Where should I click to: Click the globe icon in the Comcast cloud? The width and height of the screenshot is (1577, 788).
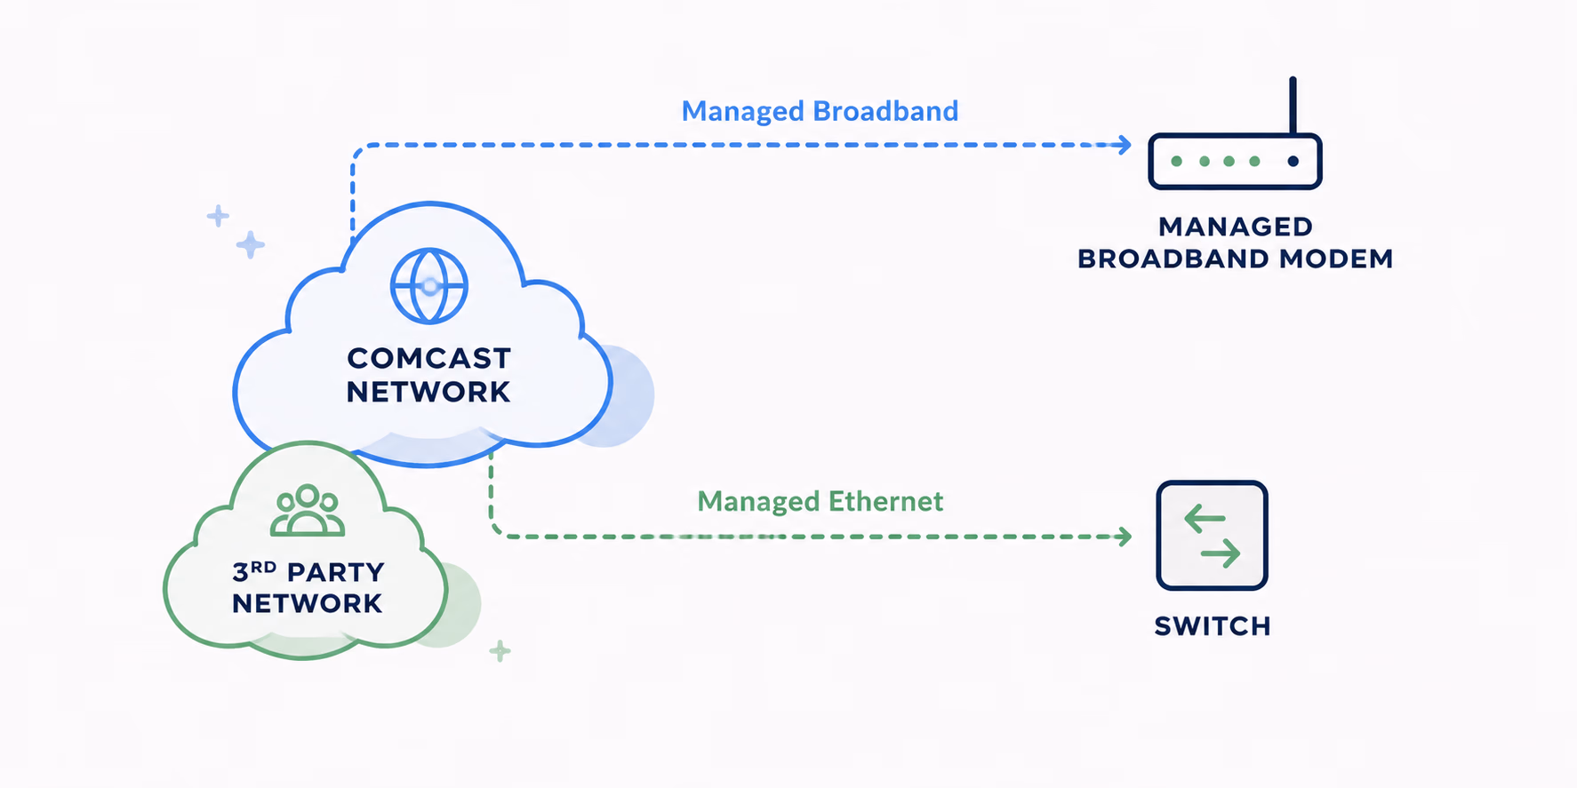(429, 286)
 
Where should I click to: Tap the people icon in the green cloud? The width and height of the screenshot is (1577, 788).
(308, 510)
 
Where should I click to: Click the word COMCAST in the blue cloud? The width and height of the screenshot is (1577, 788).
(429, 358)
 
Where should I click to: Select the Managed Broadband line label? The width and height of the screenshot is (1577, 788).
(820, 111)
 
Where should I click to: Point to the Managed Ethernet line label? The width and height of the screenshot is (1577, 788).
(820, 502)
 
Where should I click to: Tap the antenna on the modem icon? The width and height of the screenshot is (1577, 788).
(1293, 106)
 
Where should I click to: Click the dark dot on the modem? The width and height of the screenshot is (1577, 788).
(1293, 161)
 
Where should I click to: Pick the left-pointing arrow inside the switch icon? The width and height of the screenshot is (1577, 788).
(1205, 518)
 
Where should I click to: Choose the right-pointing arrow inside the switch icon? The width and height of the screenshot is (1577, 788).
(1221, 554)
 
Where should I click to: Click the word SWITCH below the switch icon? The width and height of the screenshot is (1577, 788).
(1213, 626)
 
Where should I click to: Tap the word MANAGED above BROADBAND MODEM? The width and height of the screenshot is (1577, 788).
(1236, 227)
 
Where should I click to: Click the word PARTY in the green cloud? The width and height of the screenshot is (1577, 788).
(336, 572)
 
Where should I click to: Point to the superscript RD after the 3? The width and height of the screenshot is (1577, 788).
(264, 566)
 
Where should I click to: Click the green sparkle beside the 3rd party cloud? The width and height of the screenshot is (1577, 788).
(500, 651)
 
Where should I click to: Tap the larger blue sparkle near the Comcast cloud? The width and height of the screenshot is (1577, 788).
(251, 244)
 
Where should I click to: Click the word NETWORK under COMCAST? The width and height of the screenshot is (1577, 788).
(428, 392)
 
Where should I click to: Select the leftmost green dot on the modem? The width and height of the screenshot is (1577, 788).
(1176, 161)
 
